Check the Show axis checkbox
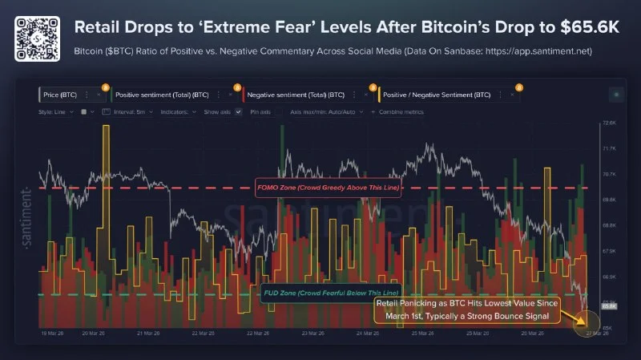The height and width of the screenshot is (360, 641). (238, 111)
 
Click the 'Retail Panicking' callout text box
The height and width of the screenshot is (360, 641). (469, 310)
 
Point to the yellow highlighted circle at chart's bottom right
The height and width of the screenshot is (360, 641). (587, 325)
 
